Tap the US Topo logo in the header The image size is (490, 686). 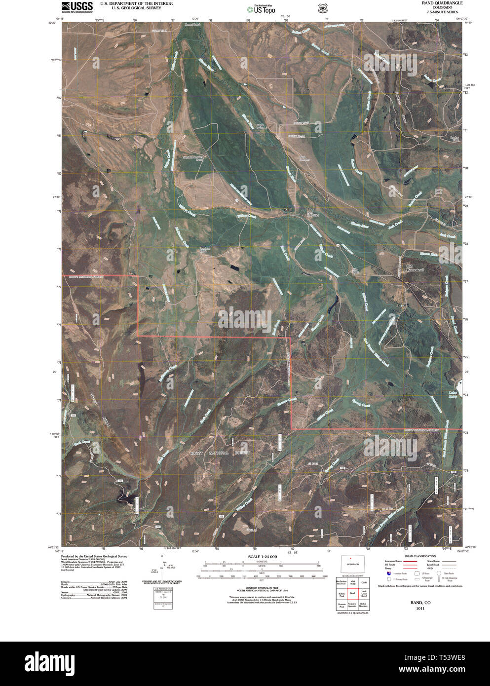[262, 8]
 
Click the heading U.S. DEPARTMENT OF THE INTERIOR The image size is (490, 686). [137, 3]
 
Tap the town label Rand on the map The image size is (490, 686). [289, 210]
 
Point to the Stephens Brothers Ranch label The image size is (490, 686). [193, 158]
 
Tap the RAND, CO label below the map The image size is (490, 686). [420, 603]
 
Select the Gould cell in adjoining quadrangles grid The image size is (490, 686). [364, 583]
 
